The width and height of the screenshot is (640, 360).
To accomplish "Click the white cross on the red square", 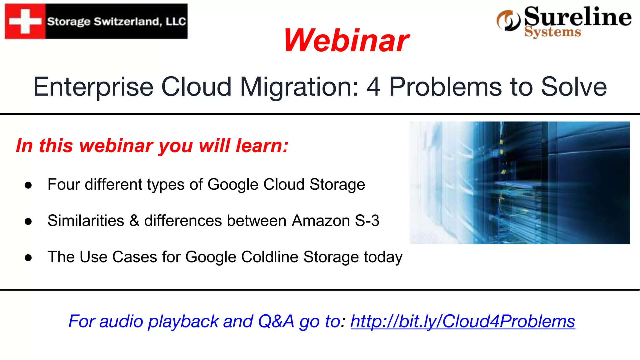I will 25,21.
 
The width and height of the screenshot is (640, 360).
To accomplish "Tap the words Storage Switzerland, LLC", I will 117,22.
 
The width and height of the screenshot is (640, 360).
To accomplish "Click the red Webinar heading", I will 346,40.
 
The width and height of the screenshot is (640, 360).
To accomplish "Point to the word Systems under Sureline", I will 552,32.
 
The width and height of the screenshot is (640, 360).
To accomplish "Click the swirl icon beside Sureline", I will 508,21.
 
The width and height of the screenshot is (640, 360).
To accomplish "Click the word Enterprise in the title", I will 93,87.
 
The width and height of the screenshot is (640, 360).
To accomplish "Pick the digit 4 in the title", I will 373,87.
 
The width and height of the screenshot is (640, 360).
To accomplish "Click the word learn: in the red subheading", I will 262,146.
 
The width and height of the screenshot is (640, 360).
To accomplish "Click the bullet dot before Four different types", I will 28,185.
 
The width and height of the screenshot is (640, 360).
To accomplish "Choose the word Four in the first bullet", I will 64,184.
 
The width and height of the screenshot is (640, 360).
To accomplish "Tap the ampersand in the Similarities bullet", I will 134,220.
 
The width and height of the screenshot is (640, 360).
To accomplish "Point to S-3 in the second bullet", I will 367,221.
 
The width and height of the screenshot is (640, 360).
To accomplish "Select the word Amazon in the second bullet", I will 321,221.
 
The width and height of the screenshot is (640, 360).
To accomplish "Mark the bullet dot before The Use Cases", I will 28,258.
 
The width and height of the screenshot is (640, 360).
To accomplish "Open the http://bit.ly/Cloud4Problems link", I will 462,321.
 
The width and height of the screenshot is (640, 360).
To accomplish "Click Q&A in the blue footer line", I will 276,321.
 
